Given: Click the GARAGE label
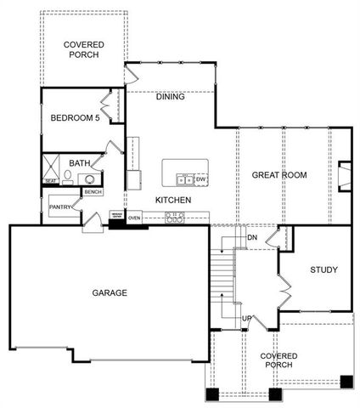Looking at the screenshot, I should click(110, 293).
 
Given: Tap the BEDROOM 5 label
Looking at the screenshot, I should click(75, 118).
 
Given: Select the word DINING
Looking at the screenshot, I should click(172, 97).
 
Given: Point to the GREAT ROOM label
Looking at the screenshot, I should click(279, 175).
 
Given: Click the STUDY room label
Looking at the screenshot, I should click(323, 270).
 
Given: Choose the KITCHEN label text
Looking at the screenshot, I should click(172, 200).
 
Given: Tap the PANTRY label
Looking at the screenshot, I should click(59, 207).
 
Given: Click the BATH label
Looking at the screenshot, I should click(80, 163).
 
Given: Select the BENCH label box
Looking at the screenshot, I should click(93, 192).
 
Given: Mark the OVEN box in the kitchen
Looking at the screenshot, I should click(134, 218).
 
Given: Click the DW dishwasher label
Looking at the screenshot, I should click(201, 179).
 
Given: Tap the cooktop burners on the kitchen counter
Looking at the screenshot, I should click(176, 218).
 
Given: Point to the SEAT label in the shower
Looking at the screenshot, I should click(50, 180).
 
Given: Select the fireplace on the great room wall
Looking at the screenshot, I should click(344, 175).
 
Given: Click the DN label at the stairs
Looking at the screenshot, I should click(252, 237).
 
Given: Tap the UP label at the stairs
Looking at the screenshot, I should click(247, 318).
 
